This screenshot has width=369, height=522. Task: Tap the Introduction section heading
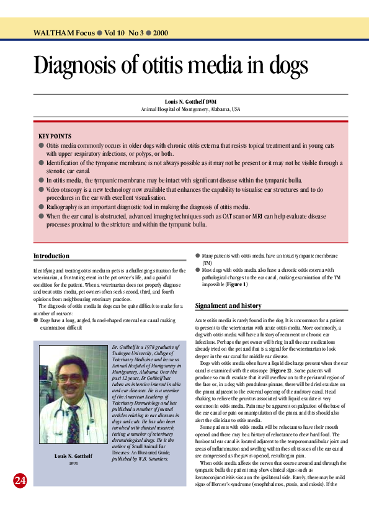[51, 256]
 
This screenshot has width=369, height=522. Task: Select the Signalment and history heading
[228, 305]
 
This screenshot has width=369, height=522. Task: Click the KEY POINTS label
[55, 136]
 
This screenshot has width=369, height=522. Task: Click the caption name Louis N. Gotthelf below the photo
[73, 457]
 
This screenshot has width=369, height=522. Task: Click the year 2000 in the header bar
[159, 32]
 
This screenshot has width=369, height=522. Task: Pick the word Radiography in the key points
[64, 206]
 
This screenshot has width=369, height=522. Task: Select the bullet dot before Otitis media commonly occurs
[41, 145]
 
